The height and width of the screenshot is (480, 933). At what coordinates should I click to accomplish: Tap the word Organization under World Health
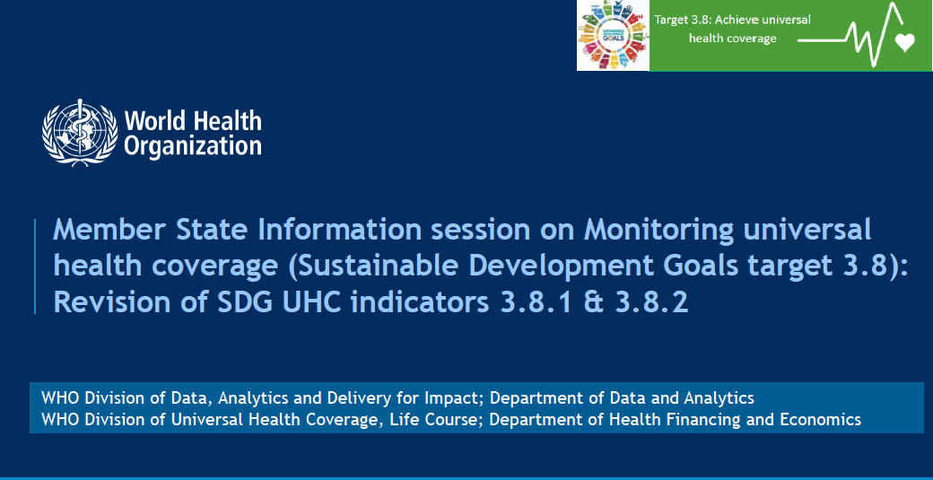pos(193,146)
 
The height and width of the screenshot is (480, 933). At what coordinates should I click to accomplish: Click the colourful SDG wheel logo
pos(614,35)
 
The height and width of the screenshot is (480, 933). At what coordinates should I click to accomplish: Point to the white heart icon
pos(905,42)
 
